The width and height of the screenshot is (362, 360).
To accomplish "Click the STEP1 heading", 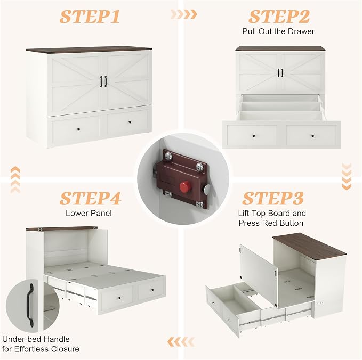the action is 90,17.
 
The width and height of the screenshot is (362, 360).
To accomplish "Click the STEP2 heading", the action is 279,17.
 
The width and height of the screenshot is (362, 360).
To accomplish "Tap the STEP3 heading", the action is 272,198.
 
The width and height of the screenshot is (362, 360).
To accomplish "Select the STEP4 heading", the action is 90,198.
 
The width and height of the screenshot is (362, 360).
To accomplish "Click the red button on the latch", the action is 184,186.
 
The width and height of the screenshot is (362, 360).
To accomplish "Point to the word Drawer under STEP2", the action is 302,31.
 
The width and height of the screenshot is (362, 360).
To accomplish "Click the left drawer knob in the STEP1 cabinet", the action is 79,129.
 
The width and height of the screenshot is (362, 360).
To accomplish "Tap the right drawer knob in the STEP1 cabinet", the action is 130,122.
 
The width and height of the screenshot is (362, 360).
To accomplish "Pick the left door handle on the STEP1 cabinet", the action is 101,81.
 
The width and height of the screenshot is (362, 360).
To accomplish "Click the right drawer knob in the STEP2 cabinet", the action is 313,136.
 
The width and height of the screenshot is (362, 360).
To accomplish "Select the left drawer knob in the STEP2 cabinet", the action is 254,136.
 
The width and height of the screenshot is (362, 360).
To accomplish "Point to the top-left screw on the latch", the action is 168,157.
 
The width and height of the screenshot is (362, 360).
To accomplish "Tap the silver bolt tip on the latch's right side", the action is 206,189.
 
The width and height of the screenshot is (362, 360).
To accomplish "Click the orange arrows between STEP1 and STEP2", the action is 184,14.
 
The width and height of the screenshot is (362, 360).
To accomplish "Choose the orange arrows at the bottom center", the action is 181,342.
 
